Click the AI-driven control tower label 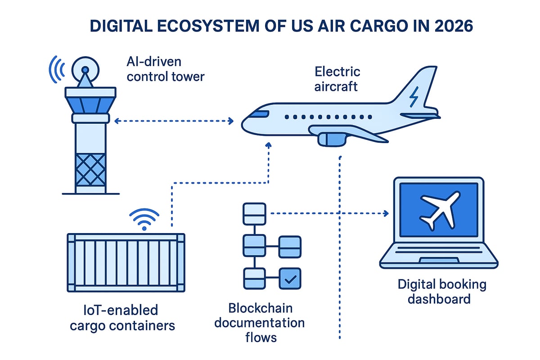click(165, 69)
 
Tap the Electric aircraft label click(337, 78)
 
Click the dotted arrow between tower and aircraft click(173, 121)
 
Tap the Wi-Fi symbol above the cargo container click(144, 220)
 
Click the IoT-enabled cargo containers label click(122, 317)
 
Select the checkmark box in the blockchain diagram click(290, 279)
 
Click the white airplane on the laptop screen click(438, 209)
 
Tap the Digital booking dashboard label click(441, 291)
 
